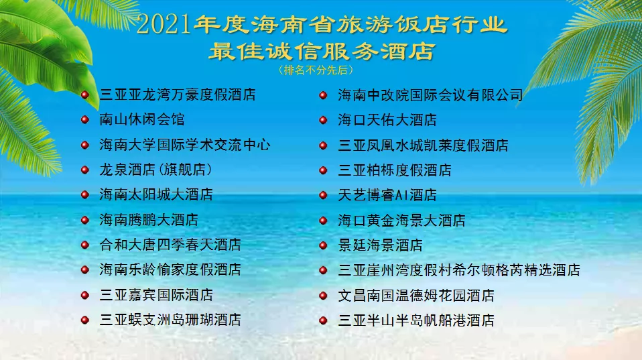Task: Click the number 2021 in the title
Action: coord(164,26)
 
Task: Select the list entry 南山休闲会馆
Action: coord(141,120)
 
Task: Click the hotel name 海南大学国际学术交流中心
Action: coord(184,145)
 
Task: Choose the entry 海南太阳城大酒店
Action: coord(155,194)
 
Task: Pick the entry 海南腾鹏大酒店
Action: coord(148,220)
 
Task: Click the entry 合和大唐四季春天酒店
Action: coord(170,245)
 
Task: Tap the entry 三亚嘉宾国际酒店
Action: coord(155,295)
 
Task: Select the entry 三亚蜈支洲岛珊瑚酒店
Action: coord(170,320)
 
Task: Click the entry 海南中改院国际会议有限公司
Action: coord(430,95)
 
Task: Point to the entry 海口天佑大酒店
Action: coord(387,120)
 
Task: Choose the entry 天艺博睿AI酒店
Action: coord(387,195)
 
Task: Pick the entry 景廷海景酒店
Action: coord(380,245)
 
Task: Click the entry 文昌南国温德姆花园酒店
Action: coord(415,295)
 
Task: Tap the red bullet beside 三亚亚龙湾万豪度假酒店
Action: coord(84,95)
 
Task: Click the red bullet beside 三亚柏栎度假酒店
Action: coord(323,170)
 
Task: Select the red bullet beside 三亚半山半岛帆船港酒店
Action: coord(323,320)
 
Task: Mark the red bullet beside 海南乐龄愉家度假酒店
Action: coord(84,270)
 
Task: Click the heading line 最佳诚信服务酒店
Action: coord(321,50)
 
